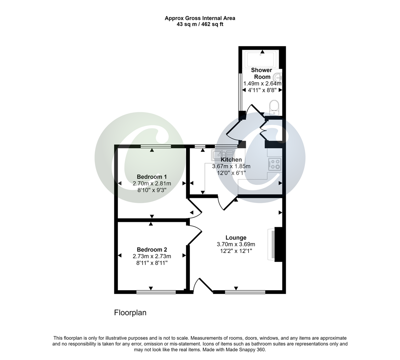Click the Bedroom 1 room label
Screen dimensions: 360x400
tap(152, 177)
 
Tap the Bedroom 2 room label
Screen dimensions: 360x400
tap(152, 250)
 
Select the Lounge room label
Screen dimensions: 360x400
tap(236, 238)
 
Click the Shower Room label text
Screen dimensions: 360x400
tap(261, 73)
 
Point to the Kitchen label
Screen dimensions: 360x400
tap(231, 160)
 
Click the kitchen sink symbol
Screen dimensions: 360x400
tap(222, 154)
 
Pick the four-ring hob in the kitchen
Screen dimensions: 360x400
tap(275, 164)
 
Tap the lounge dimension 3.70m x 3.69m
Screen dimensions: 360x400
tap(236, 244)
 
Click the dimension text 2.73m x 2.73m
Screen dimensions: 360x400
tap(152, 256)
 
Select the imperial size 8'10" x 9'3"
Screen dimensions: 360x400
tap(152, 190)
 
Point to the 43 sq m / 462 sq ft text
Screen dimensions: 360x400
tap(200, 24)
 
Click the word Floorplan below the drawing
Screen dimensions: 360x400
tap(130, 313)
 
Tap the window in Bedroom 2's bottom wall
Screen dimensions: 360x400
tap(156, 292)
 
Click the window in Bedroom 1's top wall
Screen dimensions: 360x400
tap(156, 146)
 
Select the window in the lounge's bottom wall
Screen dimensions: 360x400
tap(245, 292)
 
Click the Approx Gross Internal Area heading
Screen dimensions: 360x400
tap(200, 18)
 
